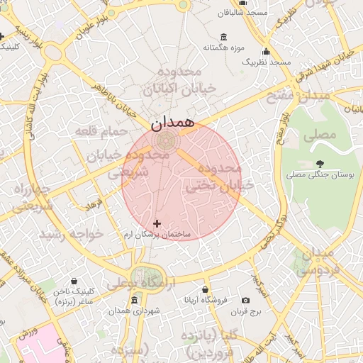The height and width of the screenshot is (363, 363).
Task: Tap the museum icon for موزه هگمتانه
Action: [224, 37]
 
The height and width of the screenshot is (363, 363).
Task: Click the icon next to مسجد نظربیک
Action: [266, 52]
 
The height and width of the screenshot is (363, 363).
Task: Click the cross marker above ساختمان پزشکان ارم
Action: [157, 224]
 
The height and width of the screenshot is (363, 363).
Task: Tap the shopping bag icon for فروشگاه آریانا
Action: [205, 289]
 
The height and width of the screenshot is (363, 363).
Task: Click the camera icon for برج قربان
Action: [245, 300]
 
